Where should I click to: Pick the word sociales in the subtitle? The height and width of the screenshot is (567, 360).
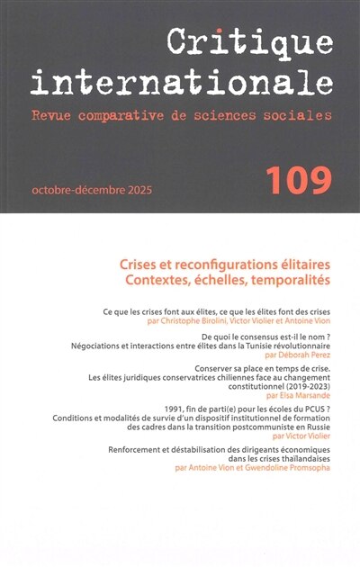tap(299, 116)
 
